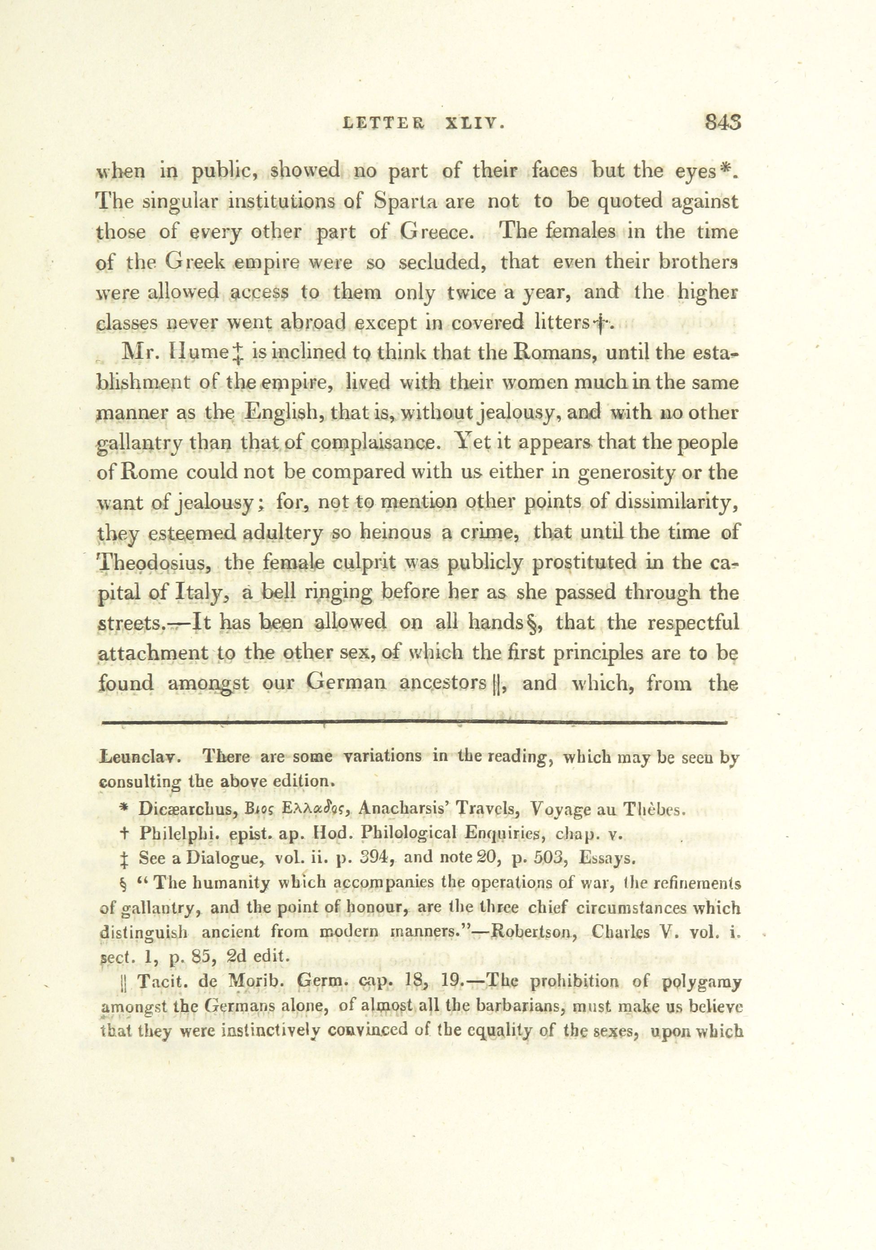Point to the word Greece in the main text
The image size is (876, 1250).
434,232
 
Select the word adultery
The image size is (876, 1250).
283,532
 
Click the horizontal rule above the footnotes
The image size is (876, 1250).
414,724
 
